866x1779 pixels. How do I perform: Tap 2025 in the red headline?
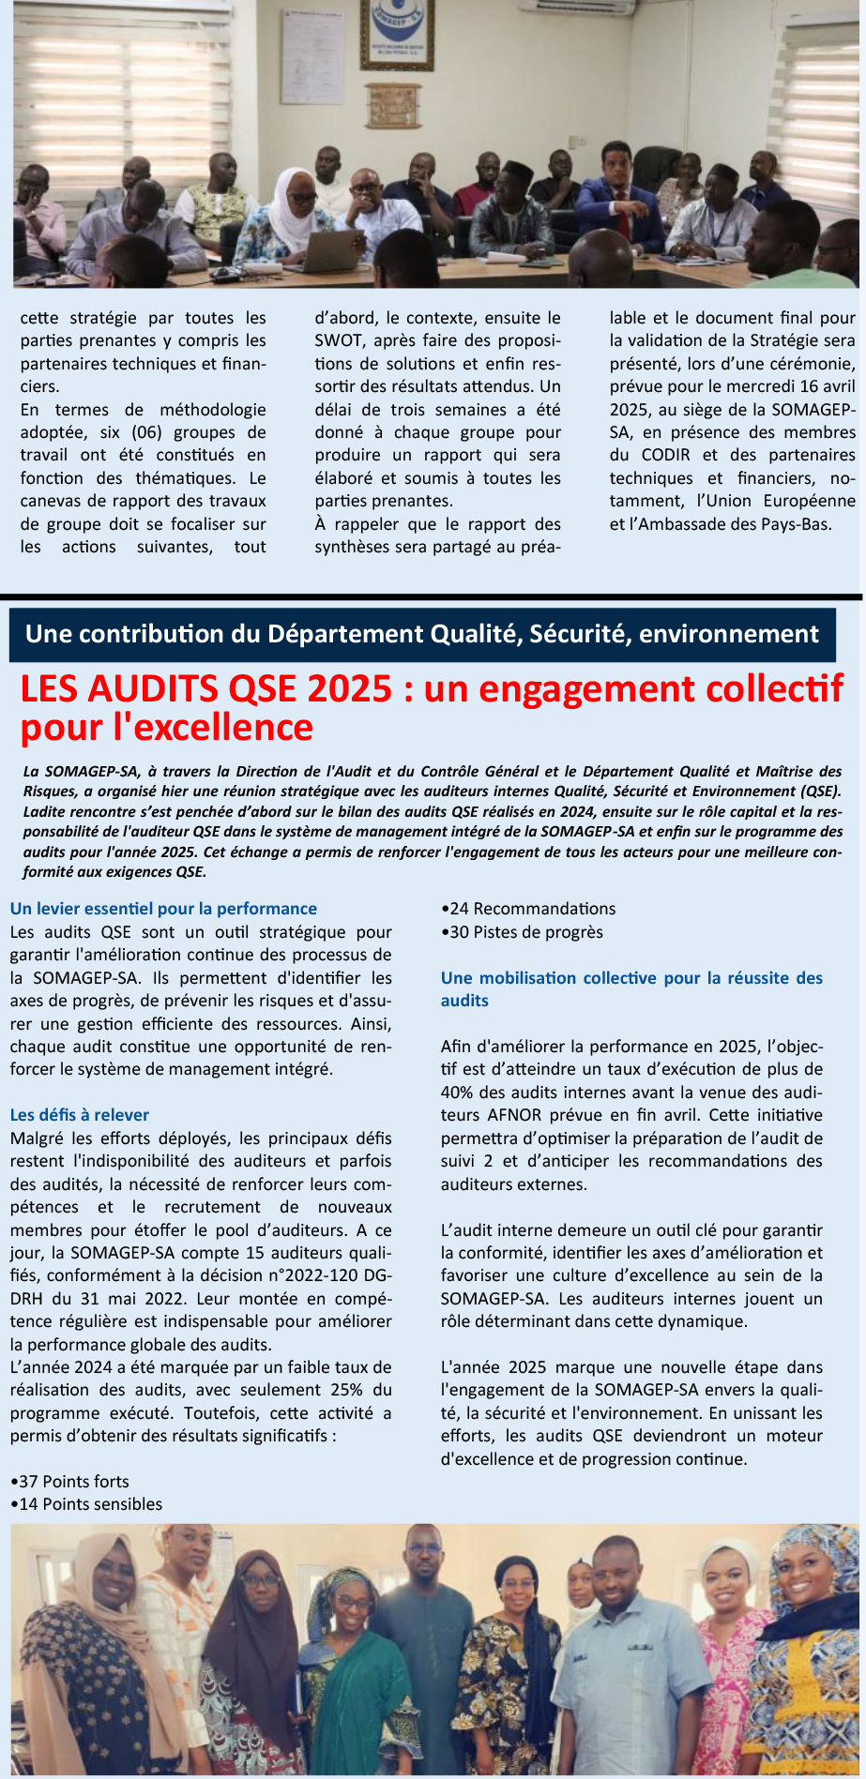click(348, 689)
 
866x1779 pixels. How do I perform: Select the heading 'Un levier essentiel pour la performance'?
click(163, 909)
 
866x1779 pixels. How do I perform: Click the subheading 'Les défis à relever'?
click(80, 1115)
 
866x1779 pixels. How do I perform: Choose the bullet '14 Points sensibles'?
click(86, 1504)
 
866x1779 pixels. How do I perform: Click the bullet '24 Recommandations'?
click(529, 909)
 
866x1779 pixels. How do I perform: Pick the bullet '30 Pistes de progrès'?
click(523, 932)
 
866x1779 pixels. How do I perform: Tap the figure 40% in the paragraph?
click(459, 1093)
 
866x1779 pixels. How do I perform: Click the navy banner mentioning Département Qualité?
click(422, 635)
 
